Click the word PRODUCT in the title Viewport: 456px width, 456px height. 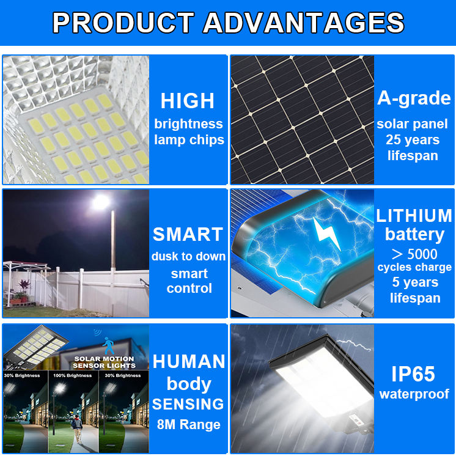(123, 23)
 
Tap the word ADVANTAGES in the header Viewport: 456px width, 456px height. (303, 23)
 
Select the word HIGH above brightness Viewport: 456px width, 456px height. (188, 101)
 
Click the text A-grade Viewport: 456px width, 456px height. (414, 98)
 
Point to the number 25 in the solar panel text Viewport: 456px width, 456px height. (394, 139)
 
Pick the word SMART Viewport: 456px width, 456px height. (188, 234)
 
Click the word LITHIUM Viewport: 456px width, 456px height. (414, 216)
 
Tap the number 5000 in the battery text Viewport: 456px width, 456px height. (422, 254)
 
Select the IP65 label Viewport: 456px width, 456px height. (413, 373)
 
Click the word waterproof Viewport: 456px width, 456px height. (414, 394)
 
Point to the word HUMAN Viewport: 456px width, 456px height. (189, 361)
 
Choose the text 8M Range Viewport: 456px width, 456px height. (189, 425)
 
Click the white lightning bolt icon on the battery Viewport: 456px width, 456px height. (326, 234)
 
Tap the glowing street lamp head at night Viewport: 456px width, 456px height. (101, 202)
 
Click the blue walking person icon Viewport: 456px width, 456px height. (108, 346)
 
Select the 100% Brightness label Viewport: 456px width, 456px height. (72, 375)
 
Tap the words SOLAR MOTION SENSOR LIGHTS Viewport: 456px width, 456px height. (105, 362)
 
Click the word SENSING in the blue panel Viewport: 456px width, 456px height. (188, 404)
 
